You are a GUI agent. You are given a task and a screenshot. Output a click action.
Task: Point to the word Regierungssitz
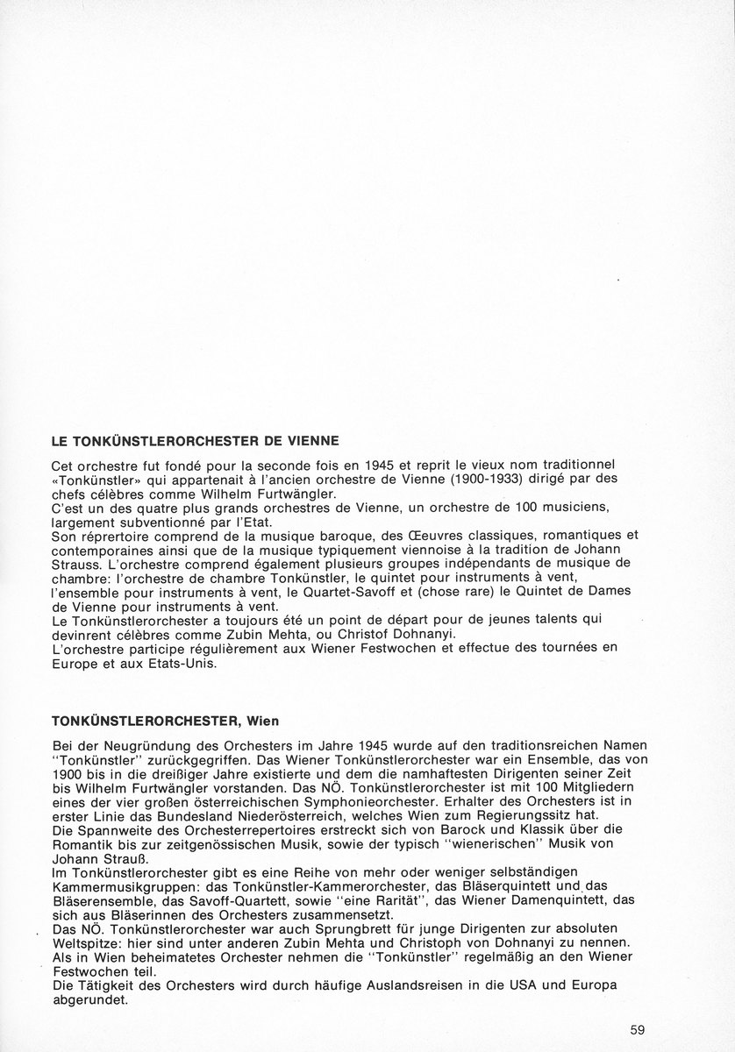(x=525, y=814)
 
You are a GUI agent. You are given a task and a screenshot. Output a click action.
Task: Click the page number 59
(x=638, y=1029)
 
